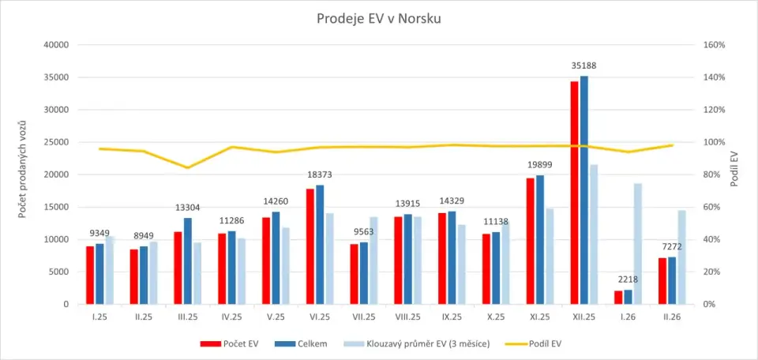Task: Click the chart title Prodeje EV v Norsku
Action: tap(378, 18)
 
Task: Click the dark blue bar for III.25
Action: tap(188, 261)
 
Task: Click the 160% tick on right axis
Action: tap(714, 45)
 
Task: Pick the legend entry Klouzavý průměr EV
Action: tap(411, 343)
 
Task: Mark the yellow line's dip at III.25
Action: tap(188, 167)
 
